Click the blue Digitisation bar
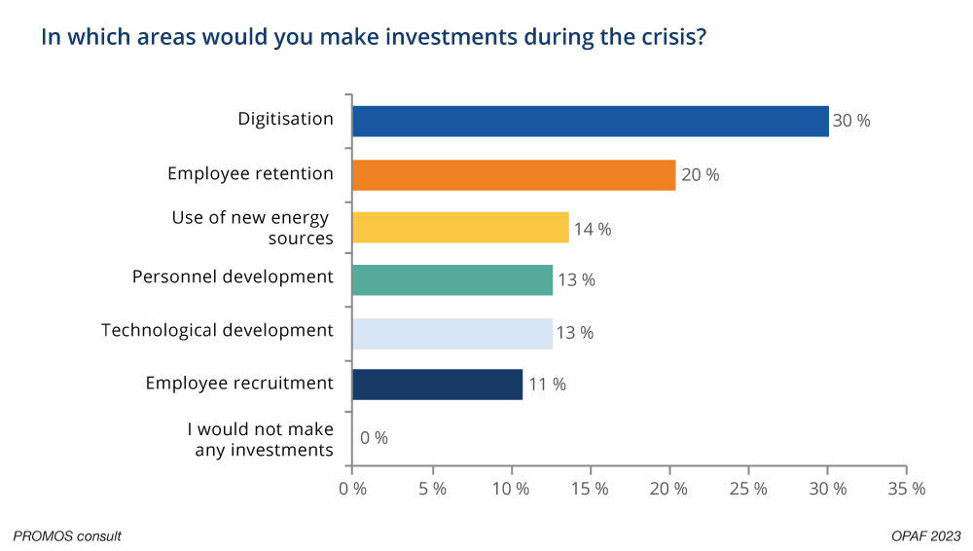(590, 122)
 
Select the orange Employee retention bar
(514, 175)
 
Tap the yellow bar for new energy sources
(460, 228)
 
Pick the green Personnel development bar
(452, 279)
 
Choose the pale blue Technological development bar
(452, 332)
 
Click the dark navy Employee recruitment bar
(437, 384)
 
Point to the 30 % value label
(851, 122)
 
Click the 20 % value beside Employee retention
(701, 175)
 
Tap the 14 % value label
(593, 229)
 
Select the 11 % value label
(547, 384)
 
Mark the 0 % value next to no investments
(374, 438)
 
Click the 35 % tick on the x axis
(906, 489)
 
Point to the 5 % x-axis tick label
(431, 489)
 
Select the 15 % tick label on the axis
(590, 489)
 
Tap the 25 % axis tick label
(748, 489)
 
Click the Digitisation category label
(286, 119)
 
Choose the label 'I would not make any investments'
(260, 439)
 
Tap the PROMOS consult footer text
(67, 535)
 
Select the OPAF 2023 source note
(925, 535)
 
